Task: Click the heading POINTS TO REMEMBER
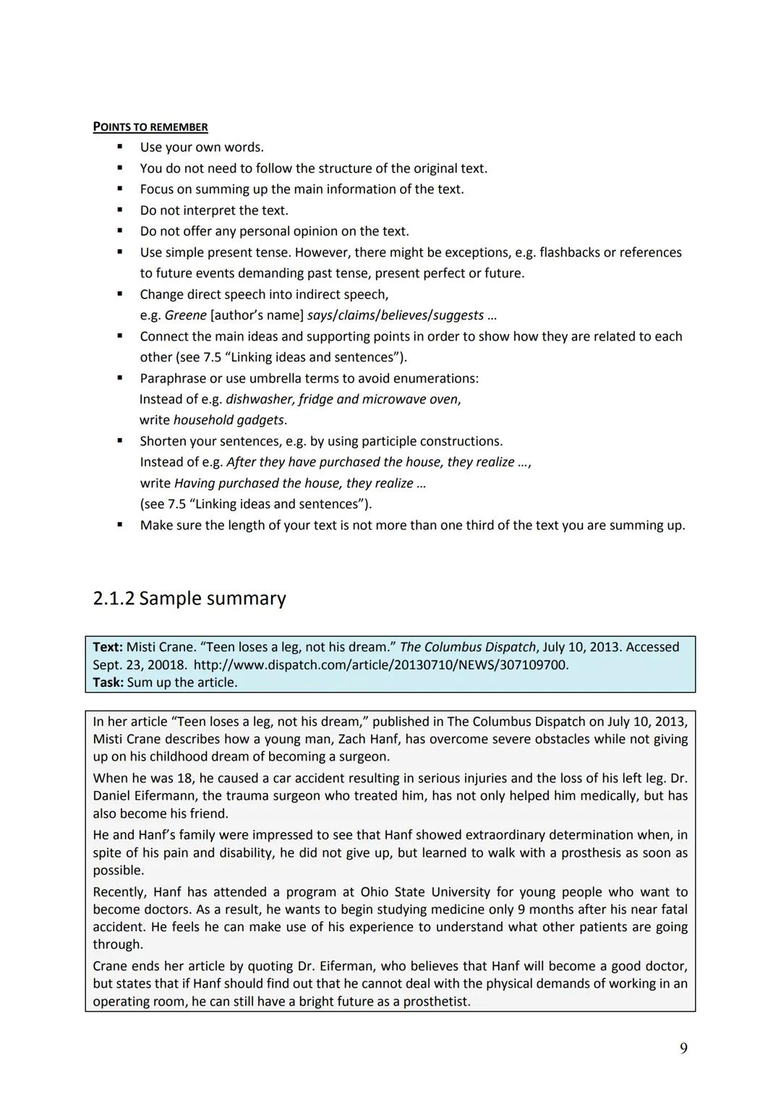[x=150, y=127]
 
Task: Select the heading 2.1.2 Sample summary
[x=189, y=599]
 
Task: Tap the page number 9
[x=683, y=1048]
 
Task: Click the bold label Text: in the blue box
[x=108, y=647]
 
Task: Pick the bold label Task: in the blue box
[x=108, y=682]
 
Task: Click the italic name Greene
[x=185, y=315]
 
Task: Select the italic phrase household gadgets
[x=229, y=420]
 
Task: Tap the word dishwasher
[x=259, y=399]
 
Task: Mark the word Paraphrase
[x=172, y=378]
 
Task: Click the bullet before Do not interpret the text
[x=120, y=210]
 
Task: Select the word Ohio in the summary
[x=375, y=892]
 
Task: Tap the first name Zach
[x=352, y=739]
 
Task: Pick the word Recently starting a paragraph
[x=119, y=892]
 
